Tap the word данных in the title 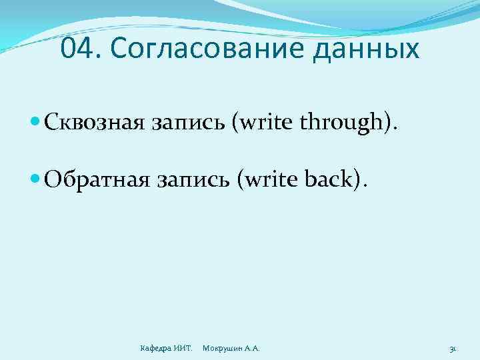pyautogui.click(x=361, y=49)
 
